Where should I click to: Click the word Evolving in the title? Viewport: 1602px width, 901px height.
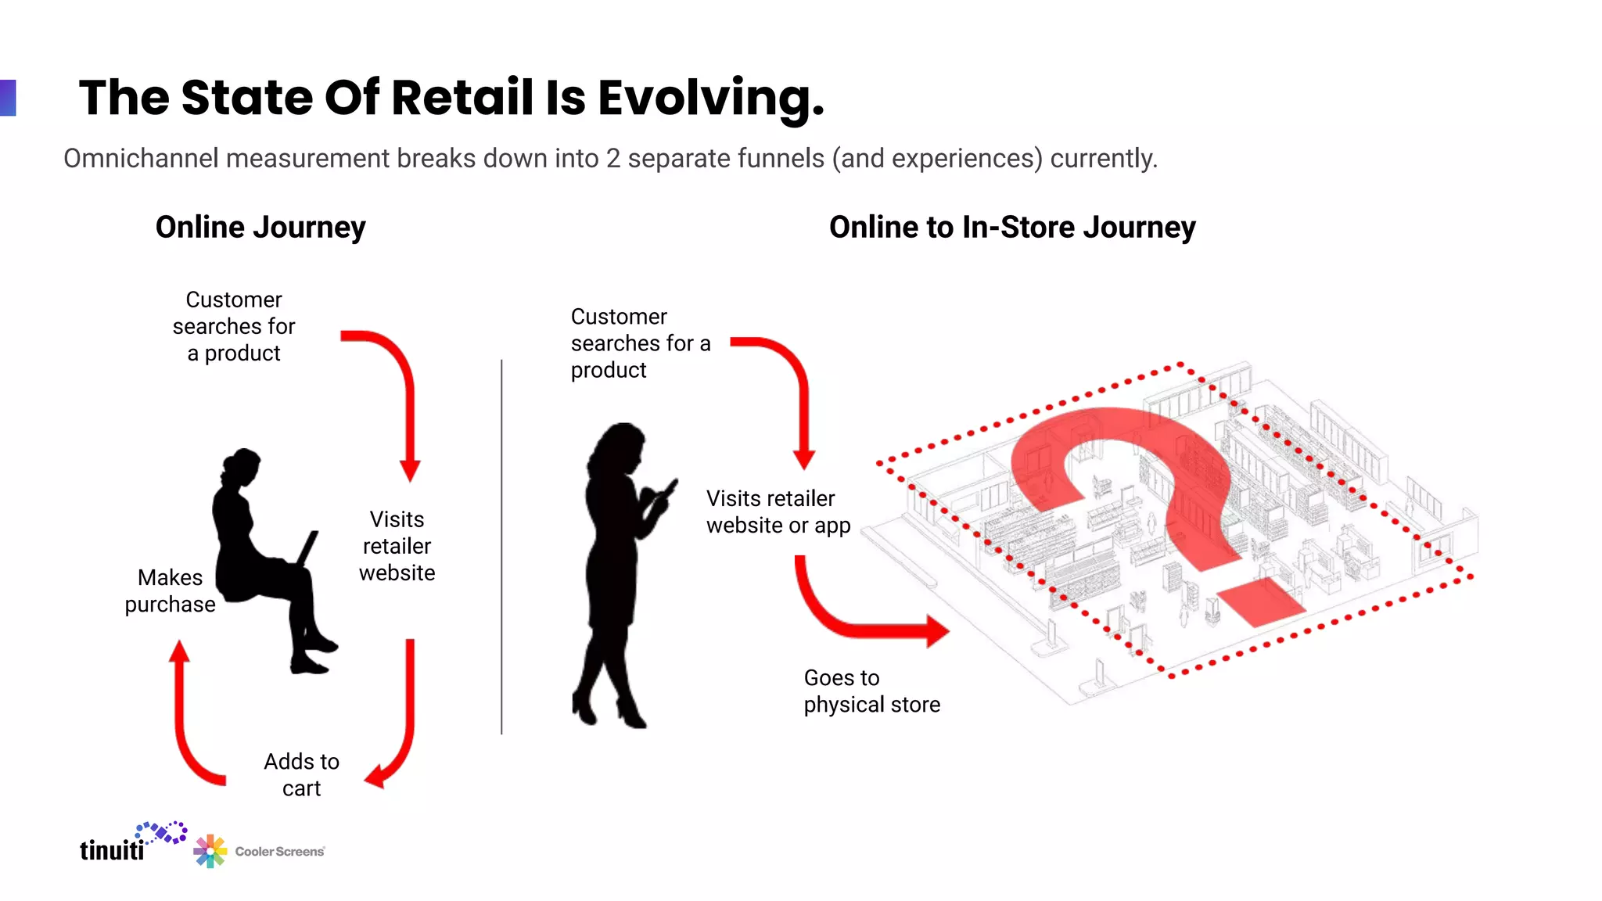coord(710,99)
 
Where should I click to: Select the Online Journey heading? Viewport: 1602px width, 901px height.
coord(260,228)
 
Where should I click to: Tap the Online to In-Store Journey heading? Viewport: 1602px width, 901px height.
coord(1012,228)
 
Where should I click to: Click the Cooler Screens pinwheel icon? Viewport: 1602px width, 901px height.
coord(210,851)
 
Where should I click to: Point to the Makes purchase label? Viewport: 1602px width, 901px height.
coord(170,591)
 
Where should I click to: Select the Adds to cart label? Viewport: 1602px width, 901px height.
coord(301,775)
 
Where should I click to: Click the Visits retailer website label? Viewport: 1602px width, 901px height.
coord(397,546)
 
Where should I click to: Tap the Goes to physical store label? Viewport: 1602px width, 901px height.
coord(871,691)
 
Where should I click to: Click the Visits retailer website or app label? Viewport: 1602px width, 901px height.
coord(778,512)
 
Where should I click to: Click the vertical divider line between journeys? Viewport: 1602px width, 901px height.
coord(501,547)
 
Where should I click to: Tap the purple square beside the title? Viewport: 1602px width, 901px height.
coord(8,98)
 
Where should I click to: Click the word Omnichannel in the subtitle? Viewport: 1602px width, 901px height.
coord(141,159)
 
